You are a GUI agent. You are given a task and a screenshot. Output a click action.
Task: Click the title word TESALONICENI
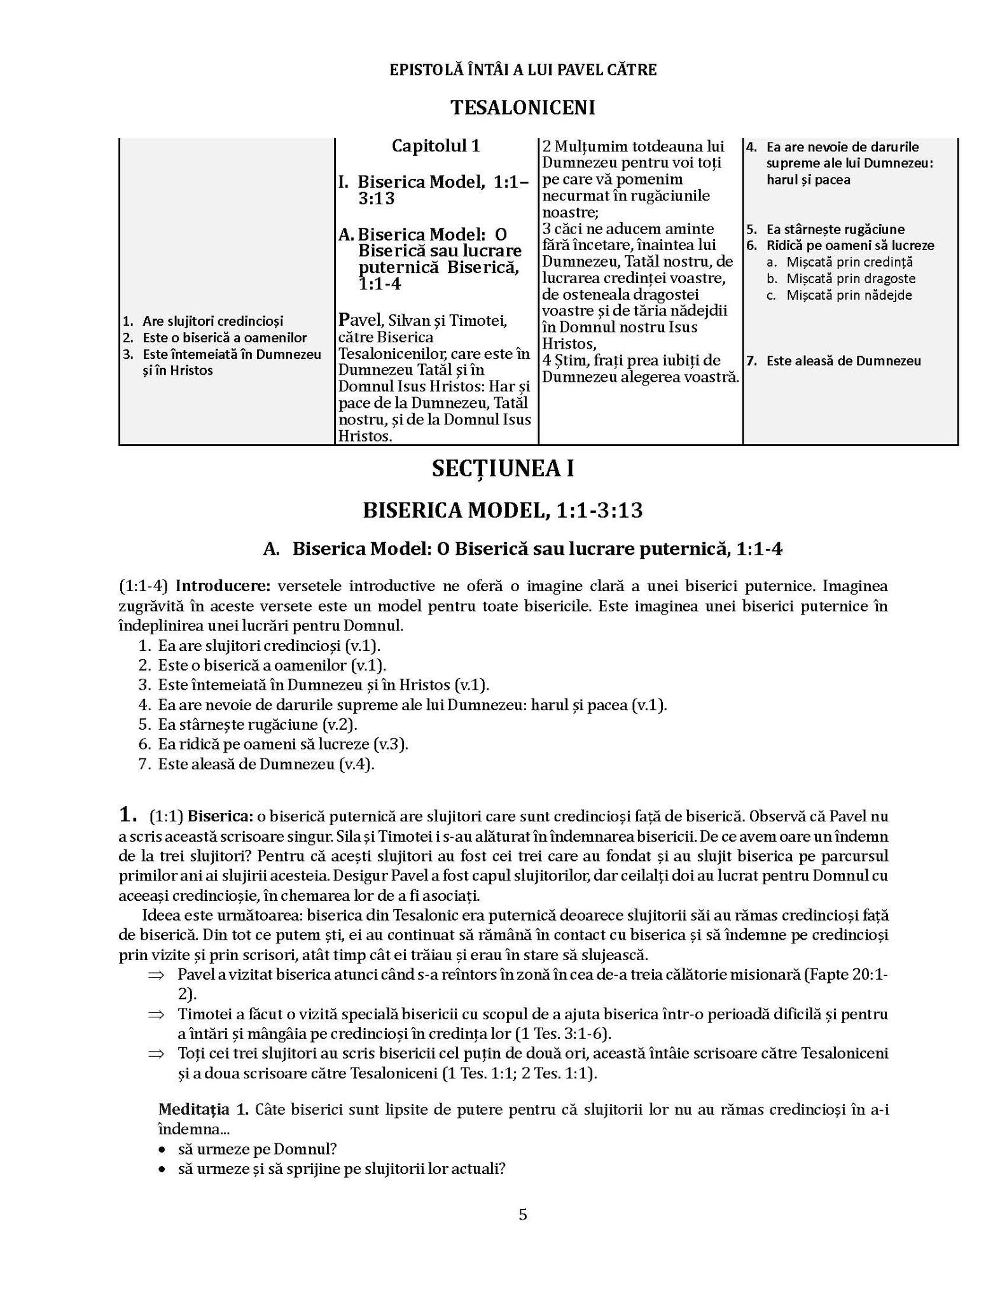522,108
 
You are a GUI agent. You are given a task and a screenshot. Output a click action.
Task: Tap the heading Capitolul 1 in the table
436,146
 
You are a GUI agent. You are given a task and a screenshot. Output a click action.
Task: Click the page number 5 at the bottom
523,1215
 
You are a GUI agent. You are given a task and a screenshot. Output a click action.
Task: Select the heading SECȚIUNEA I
503,469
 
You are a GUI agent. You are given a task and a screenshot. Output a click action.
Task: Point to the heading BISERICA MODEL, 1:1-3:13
503,510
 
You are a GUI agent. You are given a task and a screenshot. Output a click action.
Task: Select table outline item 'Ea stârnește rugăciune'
835,229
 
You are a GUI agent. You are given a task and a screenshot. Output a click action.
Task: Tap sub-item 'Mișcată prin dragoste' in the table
851,278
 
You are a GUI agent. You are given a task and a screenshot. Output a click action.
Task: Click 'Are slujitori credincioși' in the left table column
212,321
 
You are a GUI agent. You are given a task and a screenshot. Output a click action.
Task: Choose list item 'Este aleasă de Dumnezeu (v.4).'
266,763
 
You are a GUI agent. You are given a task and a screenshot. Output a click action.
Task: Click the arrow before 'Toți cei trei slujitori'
156,1054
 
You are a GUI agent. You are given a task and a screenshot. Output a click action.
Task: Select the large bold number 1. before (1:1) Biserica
128,814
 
